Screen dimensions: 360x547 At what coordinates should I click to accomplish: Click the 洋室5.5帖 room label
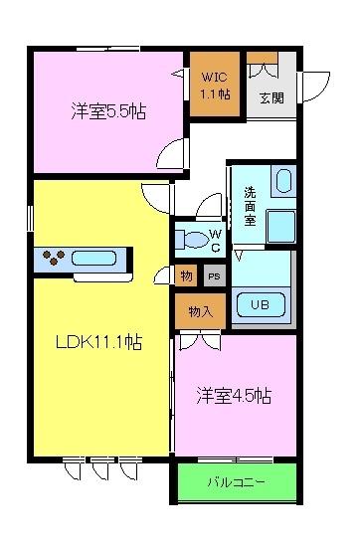pyautogui.click(x=108, y=111)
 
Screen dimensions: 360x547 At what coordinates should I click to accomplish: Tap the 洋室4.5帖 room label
pyautogui.click(x=234, y=396)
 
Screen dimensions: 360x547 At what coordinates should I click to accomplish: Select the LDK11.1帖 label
pyautogui.click(x=99, y=342)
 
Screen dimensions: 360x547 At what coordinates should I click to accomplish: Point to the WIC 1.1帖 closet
pyautogui.click(x=215, y=84)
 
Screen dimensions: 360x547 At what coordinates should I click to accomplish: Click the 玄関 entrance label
pyautogui.click(x=272, y=98)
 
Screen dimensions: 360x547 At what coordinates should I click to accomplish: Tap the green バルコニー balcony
pyautogui.click(x=237, y=482)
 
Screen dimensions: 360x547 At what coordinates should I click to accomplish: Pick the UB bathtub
pyautogui.click(x=261, y=305)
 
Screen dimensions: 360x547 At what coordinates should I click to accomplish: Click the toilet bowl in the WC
pyautogui.click(x=196, y=240)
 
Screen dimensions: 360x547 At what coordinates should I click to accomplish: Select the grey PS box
pyautogui.click(x=214, y=275)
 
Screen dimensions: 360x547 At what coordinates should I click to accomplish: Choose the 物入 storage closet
pyautogui.click(x=200, y=311)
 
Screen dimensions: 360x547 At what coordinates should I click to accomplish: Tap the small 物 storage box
pyautogui.click(x=186, y=275)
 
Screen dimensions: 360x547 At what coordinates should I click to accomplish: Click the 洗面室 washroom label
pyautogui.click(x=250, y=206)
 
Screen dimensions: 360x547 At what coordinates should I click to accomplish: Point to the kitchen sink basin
pyautogui.click(x=93, y=259)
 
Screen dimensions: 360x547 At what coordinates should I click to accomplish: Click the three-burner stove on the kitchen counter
pyautogui.click(x=54, y=258)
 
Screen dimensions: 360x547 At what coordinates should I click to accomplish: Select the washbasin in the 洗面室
pyautogui.click(x=283, y=181)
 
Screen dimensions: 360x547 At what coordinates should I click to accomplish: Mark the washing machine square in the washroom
pyautogui.click(x=280, y=227)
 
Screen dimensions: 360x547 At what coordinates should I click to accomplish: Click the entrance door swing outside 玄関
pyautogui.click(x=316, y=87)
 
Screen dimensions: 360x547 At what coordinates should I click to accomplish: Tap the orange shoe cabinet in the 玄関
pyautogui.click(x=262, y=58)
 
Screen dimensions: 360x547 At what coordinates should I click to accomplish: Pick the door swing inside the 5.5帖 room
pyautogui.click(x=171, y=153)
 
